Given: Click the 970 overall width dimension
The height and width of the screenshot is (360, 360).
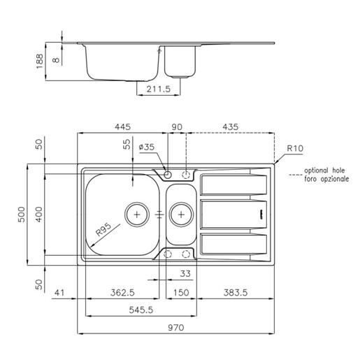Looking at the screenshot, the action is [176, 328].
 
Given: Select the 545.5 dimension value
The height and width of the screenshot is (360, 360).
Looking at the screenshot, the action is [141, 310].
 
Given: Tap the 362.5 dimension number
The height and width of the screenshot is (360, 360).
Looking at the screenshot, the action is [122, 292].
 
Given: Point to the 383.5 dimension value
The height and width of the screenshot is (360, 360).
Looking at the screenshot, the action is [236, 292].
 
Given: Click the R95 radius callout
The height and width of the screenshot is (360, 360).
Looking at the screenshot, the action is [103, 229].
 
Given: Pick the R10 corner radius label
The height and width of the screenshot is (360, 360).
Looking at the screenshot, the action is [295, 148].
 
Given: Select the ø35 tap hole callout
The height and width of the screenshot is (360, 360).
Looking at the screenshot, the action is [147, 147].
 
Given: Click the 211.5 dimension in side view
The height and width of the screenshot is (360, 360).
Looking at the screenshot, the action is [159, 89].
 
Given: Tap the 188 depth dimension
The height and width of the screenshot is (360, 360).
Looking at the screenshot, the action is [40, 62].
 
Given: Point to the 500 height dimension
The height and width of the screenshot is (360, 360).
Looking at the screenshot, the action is [22, 215].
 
